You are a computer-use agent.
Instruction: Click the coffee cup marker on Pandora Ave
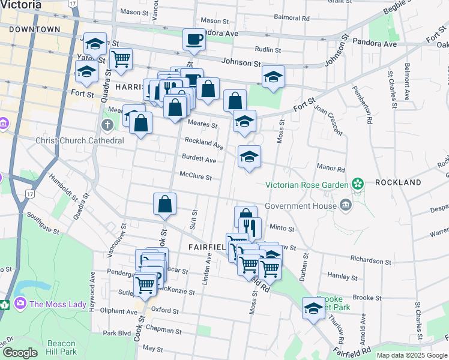(x=194, y=40)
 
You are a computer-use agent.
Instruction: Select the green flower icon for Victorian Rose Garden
(x=358, y=184)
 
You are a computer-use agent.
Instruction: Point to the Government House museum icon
(x=345, y=206)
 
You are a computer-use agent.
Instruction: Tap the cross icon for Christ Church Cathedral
(x=107, y=125)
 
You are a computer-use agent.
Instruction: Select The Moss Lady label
(x=58, y=304)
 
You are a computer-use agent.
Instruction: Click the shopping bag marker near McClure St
(x=164, y=205)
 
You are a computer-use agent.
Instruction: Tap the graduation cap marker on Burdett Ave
(x=249, y=158)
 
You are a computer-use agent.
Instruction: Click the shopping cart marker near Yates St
(x=121, y=59)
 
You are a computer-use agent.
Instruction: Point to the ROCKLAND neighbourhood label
(x=398, y=182)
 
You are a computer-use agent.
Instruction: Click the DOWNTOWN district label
(x=35, y=29)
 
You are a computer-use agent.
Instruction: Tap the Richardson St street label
(x=371, y=262)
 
